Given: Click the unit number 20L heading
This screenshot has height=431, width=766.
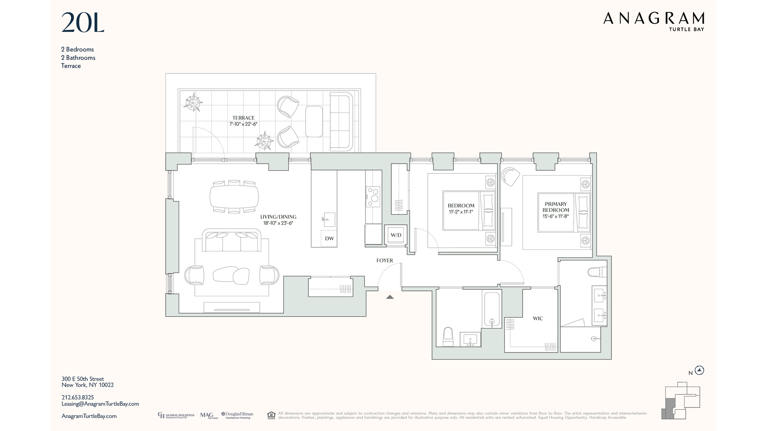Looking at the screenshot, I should point(83,23).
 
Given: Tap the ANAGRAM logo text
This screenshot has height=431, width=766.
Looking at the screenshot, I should point(653,18).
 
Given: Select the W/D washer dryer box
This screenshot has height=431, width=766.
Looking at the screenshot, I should point(396,235).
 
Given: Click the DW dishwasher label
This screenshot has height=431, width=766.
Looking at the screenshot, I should point(329,239).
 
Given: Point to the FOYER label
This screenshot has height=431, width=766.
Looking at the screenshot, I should point(385,261).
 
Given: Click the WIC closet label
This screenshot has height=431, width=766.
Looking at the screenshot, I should point(538,318).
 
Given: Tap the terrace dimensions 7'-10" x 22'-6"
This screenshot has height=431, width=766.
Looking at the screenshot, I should point(243,124).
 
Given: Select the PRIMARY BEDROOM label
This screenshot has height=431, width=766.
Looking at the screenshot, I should point(556,207).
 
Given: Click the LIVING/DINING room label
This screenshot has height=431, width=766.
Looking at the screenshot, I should point(278,217).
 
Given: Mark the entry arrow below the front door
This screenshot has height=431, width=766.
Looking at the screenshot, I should point(390,297).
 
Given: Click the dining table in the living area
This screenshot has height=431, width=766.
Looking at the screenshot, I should point(234,196).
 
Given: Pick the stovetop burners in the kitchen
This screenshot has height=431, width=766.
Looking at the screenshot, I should point(373,196).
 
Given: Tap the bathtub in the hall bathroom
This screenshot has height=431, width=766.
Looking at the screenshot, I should point(492,309).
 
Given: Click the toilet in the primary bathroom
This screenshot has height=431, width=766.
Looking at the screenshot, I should point(596,272).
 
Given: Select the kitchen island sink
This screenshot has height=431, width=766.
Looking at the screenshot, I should point(329,219).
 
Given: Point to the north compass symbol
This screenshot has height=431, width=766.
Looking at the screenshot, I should point(699,370).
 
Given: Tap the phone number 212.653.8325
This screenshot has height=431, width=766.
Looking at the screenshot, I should point(78,397).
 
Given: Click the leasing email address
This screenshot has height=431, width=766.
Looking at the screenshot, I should point(100,404).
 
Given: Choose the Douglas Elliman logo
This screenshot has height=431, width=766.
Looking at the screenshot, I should point(237,415).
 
